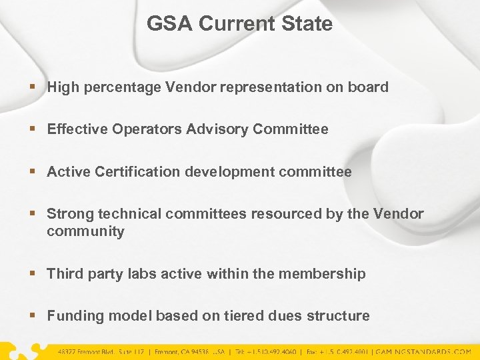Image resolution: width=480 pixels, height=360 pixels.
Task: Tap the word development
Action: click(231, 172)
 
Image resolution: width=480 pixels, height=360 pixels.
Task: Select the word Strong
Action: click(70, 214)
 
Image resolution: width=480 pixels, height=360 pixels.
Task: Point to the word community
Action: click(85, 231)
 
